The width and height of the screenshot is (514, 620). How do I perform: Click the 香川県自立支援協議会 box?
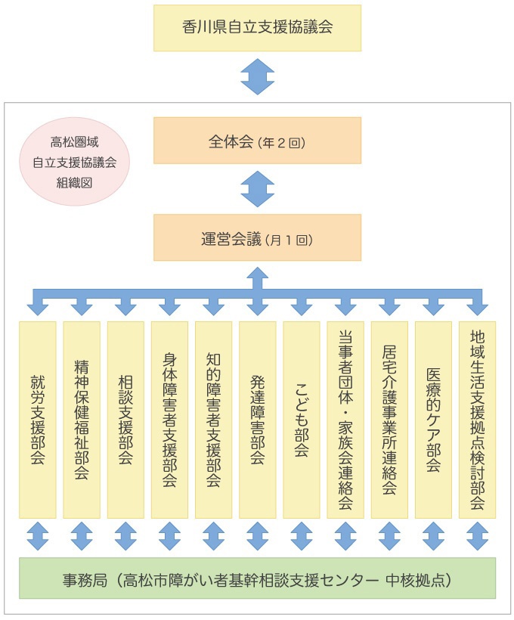coord(257,28)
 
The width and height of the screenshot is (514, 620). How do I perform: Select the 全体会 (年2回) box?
coord(257,141)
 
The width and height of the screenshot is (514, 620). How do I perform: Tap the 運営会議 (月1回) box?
coord(257,237)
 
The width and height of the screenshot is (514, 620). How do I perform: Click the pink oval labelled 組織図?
coord(74,163)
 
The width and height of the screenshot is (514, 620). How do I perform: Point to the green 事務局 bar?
coord(257,578)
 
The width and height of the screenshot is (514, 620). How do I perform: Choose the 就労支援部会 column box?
coord(38,420)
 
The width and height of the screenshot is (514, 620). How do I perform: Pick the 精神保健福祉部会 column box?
coord(82,420)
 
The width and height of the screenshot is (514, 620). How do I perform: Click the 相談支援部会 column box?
coord(125,420)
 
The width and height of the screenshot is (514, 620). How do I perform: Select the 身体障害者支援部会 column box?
coord(169,420)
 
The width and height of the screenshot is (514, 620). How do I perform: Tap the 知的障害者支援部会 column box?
coord(213,420)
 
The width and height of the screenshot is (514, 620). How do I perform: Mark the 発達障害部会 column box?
coord(258,420)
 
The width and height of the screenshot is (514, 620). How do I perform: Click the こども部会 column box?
coord(302,420)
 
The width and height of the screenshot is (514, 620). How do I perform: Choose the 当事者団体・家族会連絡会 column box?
coord(345,420)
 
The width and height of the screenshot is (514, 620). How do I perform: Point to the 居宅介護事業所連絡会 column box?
coord(389,420)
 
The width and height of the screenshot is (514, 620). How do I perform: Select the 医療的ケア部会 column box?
coord(433,420)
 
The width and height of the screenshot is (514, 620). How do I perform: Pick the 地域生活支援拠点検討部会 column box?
coord(477,420)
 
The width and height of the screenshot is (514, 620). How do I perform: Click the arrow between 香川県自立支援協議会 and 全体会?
coord(258,76)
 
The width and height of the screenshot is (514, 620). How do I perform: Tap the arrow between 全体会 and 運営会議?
coord(258,189)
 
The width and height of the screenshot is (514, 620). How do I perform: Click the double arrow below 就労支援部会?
coord(38,536)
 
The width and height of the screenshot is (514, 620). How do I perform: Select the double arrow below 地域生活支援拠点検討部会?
coord(477,536)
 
